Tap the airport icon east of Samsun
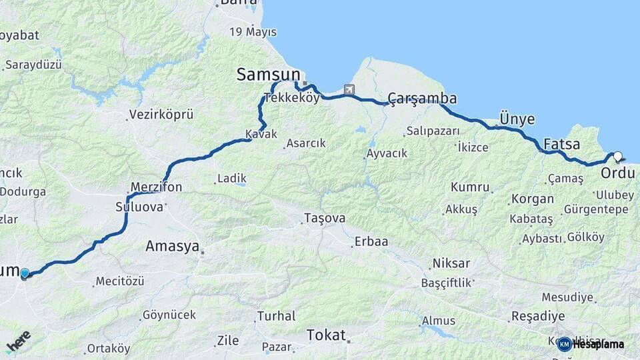point(349,89)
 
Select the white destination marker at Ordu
point(618,157)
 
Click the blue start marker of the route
point(25,273)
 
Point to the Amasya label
point(172,247)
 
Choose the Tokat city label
point(326,335)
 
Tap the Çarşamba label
point(422,99)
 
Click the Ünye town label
point(517,119)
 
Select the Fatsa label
point(561,144)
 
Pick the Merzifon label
point(156,187)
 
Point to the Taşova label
point(325,218)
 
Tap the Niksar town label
point(451,263)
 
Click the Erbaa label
point(371,241)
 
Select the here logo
point(19,342)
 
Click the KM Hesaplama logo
point(591,344)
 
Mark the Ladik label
point(231,179)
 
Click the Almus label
point(439,321)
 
